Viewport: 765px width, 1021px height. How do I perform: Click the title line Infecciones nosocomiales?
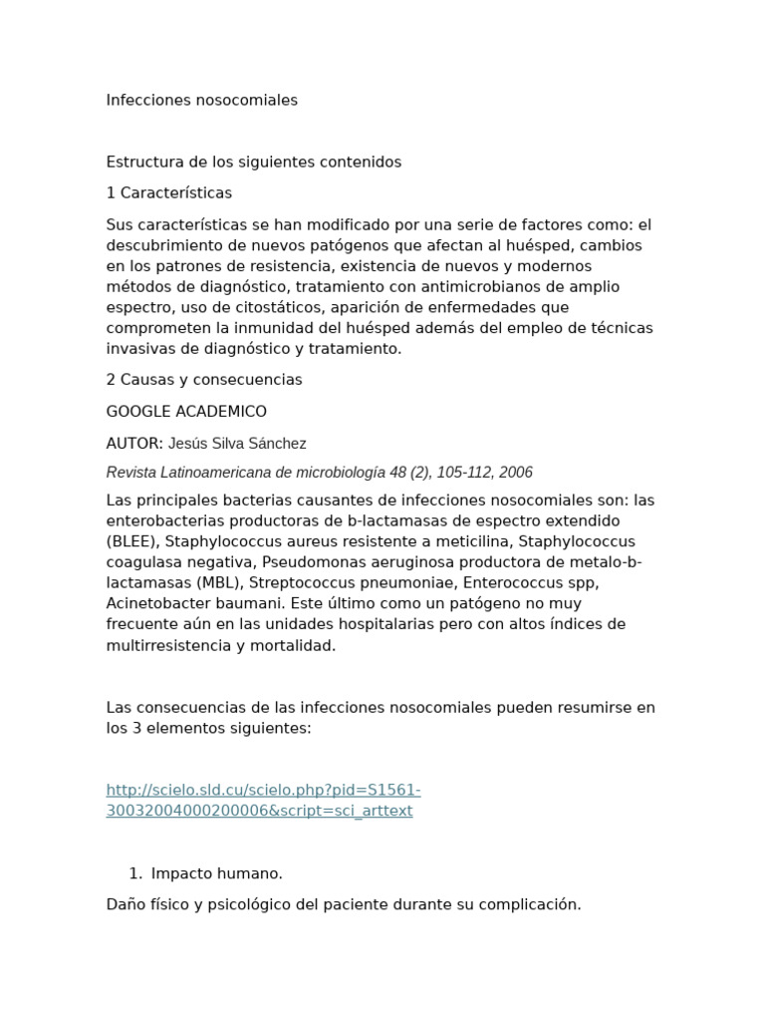(201, 101)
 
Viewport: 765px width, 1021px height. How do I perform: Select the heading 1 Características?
(169, 193)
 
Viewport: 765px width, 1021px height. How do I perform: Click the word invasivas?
(139, 349)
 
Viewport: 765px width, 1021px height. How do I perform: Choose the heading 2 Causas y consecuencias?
(204, 380)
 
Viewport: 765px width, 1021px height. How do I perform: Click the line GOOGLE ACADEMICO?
(186, 412)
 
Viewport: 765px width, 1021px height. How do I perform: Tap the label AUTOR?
(134, 444)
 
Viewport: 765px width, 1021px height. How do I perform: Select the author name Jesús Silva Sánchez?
(237, 444)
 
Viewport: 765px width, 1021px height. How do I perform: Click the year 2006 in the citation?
(515, 473)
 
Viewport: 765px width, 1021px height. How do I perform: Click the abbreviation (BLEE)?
(132, 542)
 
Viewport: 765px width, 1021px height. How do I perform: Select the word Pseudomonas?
(308, 562)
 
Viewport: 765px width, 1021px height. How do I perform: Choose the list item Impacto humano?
(216, 874)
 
